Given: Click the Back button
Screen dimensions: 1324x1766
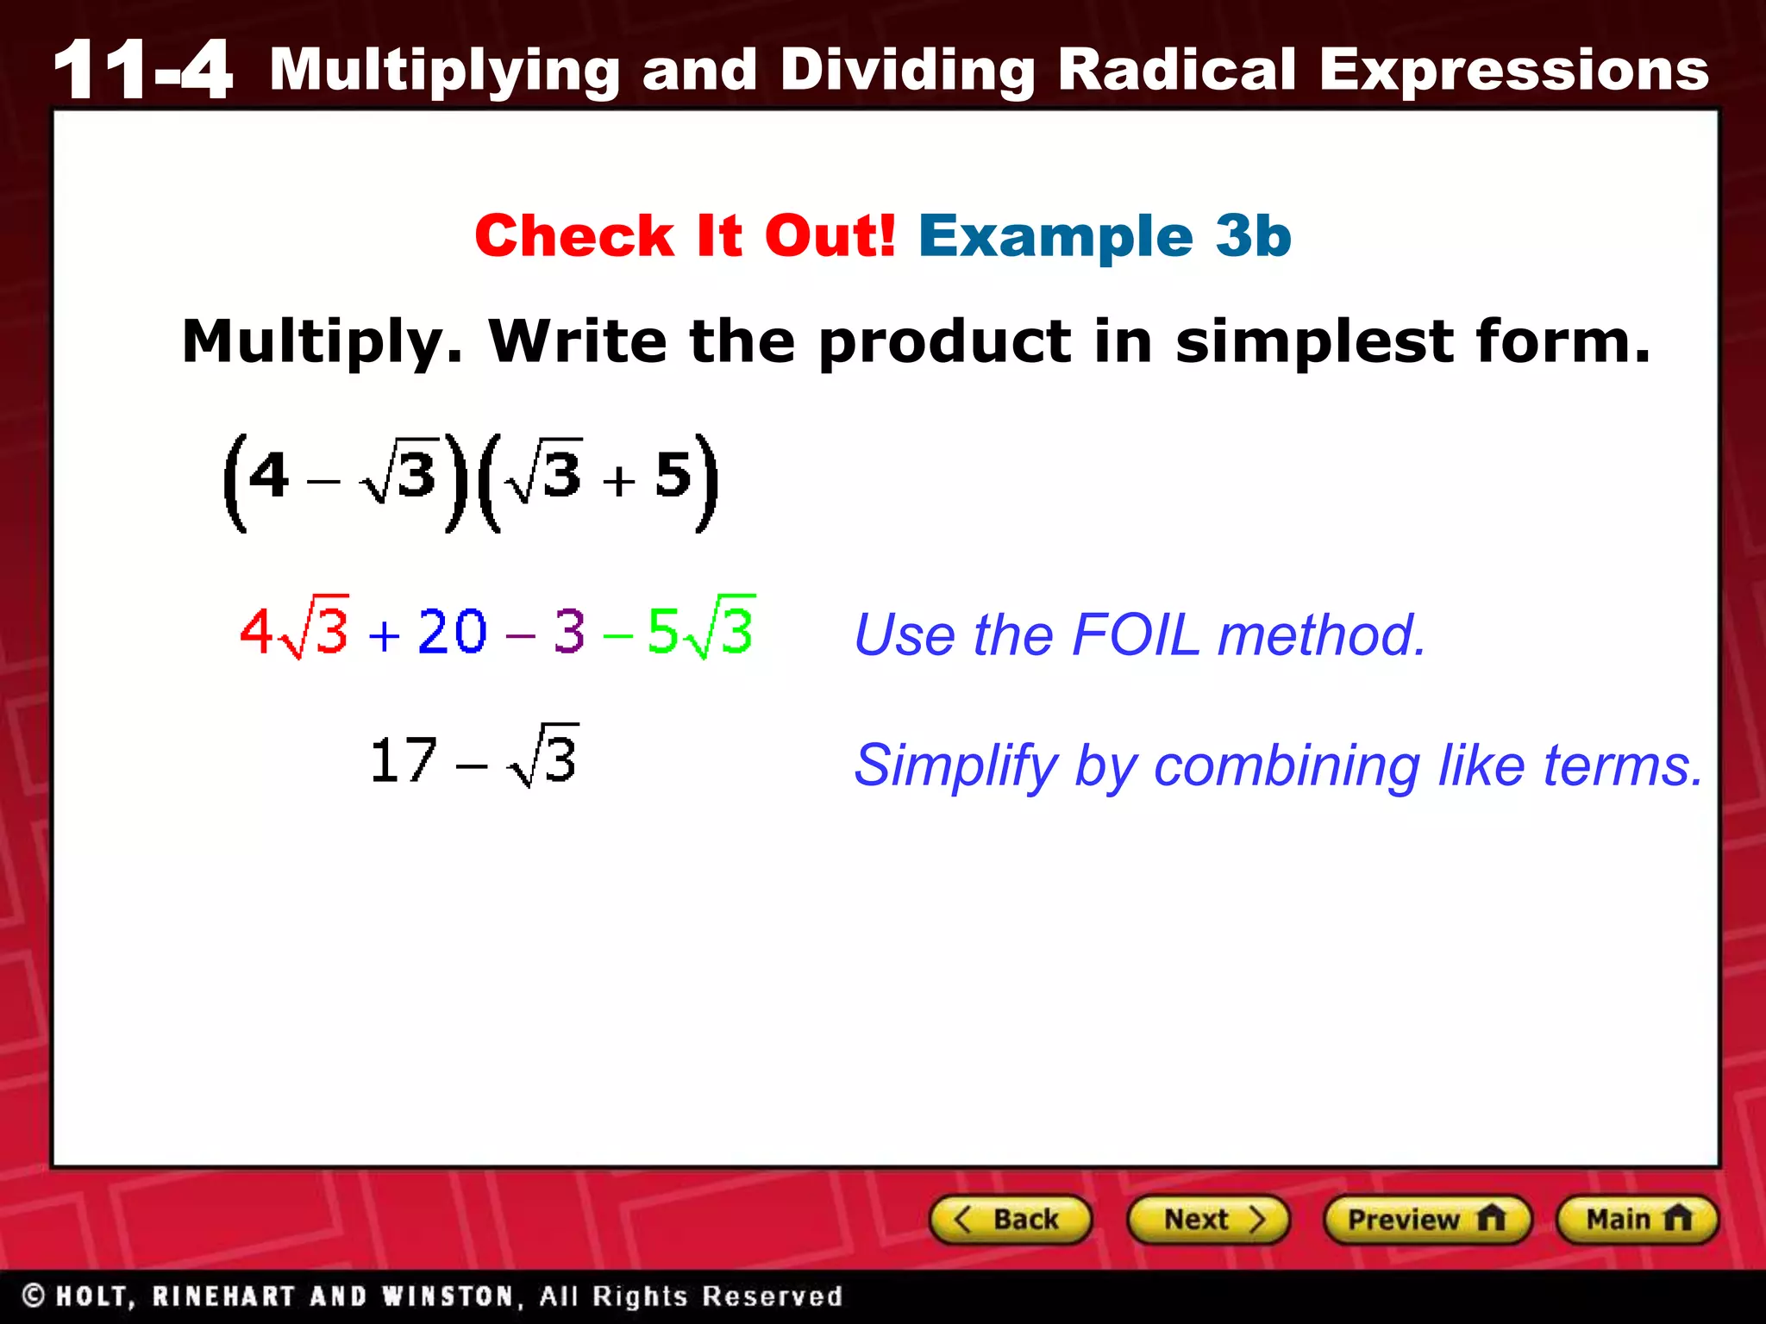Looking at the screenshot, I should pyautogui.click(x=1011, y=1219).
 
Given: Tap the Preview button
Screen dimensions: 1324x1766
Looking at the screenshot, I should pyautogui.click(x=1427, y=1219).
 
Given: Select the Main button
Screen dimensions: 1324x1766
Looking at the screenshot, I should pyautogui.click(x=1637, y=1219).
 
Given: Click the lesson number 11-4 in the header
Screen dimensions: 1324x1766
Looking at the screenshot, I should pyautogui.click(x=142, y=71).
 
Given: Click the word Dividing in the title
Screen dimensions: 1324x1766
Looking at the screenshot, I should pyautogui.click(x=907, y=71).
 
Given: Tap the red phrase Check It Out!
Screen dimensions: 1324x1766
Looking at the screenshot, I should pyautogui.click(x=685, y=235).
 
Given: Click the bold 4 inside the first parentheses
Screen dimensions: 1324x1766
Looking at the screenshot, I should pyautogui.click(x=268, y=476).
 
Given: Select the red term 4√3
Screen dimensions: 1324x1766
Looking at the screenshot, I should pyautogui.click(x=294, y=629).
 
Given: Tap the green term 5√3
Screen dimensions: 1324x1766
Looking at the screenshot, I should pyautogui.click(x=700, y=629).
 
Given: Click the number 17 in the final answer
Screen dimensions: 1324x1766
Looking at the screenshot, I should pyautogui.click(x=403, y=760).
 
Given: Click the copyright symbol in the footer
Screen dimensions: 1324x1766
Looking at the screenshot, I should pyautogui.click(x=33, y=1296).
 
